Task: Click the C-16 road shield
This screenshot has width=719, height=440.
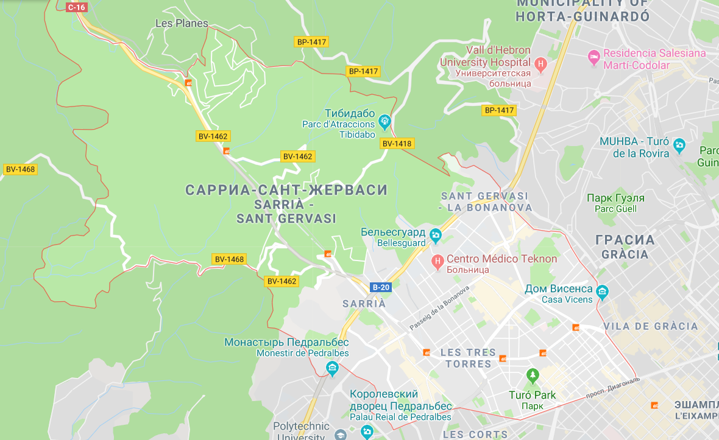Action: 77,7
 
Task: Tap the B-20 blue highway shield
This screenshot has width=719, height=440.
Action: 380,287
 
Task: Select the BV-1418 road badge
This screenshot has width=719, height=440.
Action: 397,144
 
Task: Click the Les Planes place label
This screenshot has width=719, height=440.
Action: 182,24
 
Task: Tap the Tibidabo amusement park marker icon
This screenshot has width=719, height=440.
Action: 384,122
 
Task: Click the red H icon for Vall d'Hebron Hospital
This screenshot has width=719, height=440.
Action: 540,63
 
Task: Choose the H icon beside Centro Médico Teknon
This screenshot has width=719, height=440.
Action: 437,262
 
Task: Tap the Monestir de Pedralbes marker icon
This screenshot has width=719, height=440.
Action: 331,368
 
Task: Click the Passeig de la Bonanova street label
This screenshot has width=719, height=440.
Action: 439,309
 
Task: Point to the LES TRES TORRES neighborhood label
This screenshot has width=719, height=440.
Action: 468,358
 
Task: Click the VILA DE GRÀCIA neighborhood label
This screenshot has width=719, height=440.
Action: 651,326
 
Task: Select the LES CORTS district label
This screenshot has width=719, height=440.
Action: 475,435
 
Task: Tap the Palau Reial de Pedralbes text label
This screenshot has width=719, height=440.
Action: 400,417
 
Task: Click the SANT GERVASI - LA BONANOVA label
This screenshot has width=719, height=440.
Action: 485,201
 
